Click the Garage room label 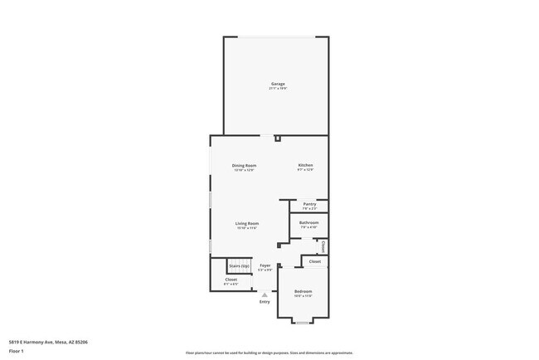coord(278,84)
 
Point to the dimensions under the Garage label coord(278,89)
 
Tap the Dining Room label coord(244,165)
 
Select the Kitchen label coord(306,165)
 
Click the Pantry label coord(309,204)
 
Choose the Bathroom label coord(309,222)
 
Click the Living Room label coord(247,223)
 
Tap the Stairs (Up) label coord(240,265)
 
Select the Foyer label coord(265,265)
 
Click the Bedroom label coord(303,291)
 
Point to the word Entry coord(265,302)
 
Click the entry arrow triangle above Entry coord(265,294)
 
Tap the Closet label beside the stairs coord(231,280)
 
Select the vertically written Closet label coord(322,246)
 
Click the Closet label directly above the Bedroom coord(315,261)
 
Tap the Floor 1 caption coord(17,351)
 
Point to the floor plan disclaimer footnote coord(269,352)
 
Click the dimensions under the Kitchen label coord(306,170)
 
